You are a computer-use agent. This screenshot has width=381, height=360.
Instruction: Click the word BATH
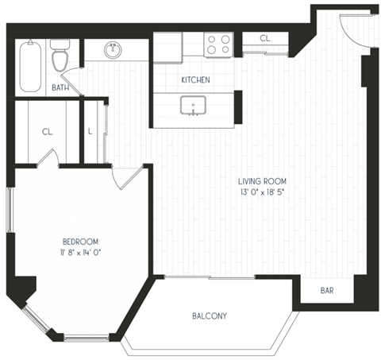pos(60,87)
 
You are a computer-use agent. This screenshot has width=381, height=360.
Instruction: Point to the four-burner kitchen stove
pos(218,44)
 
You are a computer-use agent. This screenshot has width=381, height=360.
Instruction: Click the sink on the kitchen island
pos(194,105)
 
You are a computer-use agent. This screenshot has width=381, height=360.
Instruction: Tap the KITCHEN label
pos(195,80)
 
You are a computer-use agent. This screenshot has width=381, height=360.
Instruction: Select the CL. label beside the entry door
pos(266,38)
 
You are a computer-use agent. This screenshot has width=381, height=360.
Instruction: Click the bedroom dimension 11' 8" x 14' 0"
pos(80,252)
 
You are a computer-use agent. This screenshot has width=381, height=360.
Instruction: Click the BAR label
pos(327,291)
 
